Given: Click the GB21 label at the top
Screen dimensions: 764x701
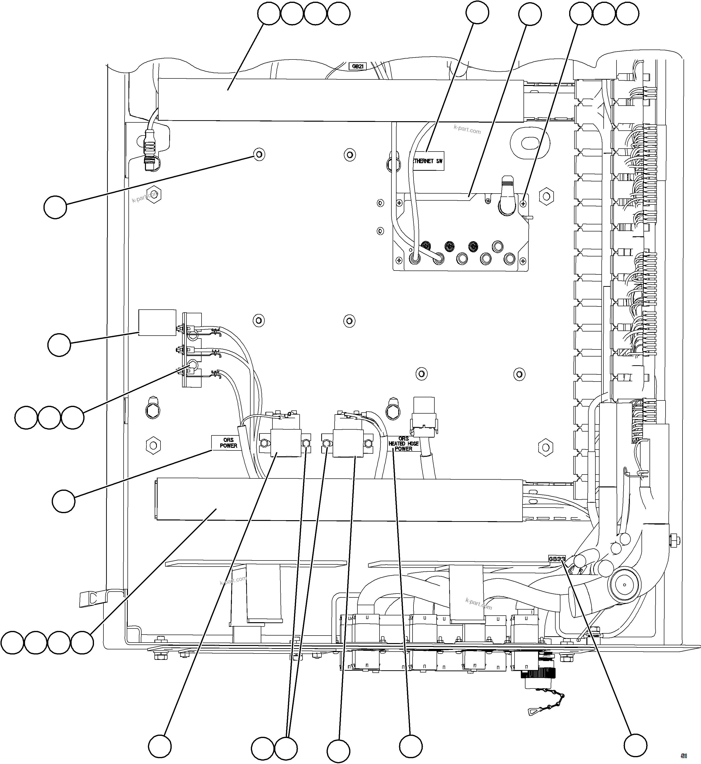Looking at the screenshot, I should (x=357, y=66).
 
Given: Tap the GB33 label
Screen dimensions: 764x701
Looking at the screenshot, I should (x=557, y=559).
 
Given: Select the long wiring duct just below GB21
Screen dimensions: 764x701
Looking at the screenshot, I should (x=339, y=100).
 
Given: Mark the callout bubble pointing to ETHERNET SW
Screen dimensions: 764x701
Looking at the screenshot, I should (x=477, y=13).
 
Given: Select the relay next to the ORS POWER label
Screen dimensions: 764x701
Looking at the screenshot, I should (x=285, y=443).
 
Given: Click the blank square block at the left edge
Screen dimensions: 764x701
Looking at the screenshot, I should (x=157, y=323).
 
